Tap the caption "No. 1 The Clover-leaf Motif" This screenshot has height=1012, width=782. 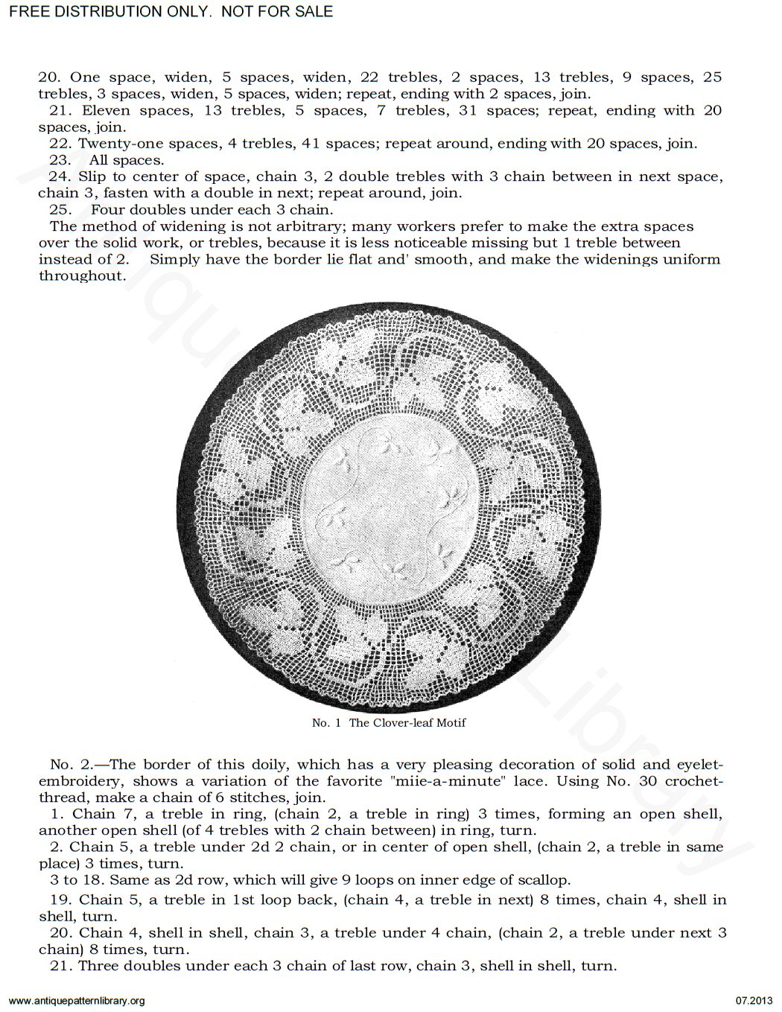pos(389,722)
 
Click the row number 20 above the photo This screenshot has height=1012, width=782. pos(48,77)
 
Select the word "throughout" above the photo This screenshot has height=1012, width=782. pos(82,276)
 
